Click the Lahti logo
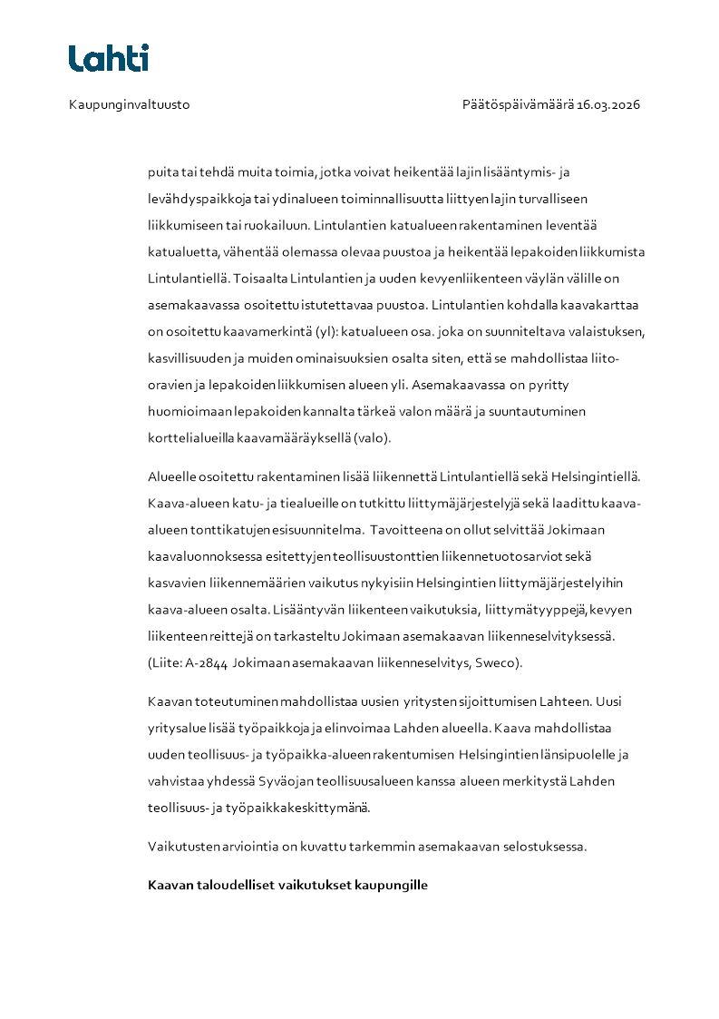[x=109, y=58]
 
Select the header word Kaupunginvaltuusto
[x=129, y=104]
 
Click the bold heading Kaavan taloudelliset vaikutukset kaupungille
[x=287, y=884]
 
